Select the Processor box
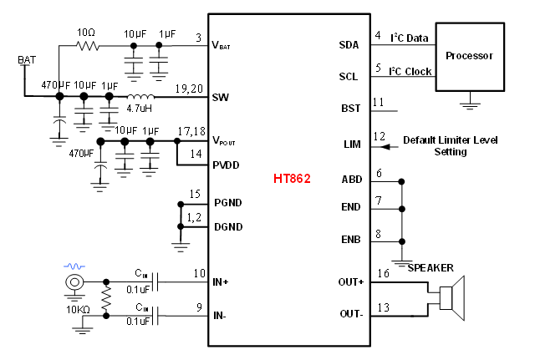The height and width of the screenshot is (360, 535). (469, 56)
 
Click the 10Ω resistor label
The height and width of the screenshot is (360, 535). (87, 32)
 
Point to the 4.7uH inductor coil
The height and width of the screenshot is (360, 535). (140, 97)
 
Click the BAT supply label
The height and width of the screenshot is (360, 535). (27, 61)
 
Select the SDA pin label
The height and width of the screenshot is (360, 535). (349, 44)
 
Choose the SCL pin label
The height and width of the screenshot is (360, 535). (349, 76)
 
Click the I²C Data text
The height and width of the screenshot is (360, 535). (410, 38)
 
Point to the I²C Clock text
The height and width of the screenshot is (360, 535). (410, 71)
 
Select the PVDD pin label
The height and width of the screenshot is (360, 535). (227, 165)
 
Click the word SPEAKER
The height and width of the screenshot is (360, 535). (431, 267)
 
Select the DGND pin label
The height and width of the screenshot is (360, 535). (227, 226)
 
